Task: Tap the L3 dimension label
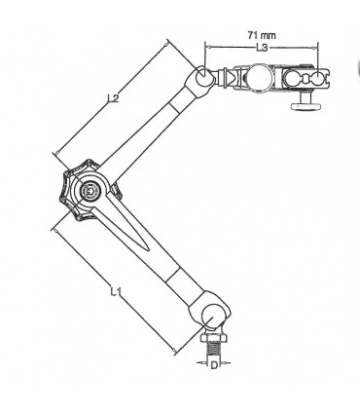coord(262,46)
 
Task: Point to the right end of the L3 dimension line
coord(320,44)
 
